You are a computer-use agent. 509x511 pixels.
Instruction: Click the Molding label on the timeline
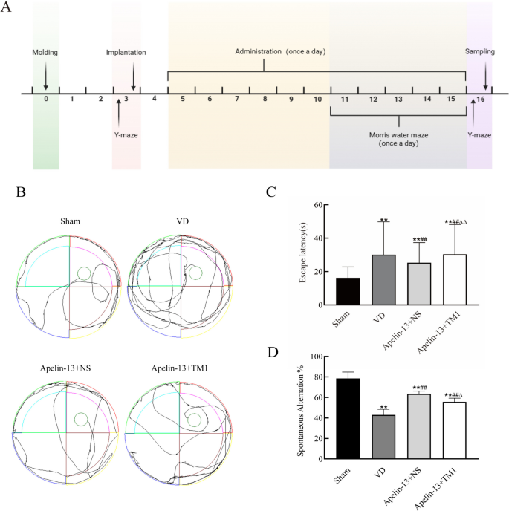point(45,53)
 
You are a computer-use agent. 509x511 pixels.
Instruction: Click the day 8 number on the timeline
point(264,99)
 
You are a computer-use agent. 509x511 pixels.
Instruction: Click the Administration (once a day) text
point(280,51)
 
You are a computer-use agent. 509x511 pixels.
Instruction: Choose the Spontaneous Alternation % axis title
point(302,409)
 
